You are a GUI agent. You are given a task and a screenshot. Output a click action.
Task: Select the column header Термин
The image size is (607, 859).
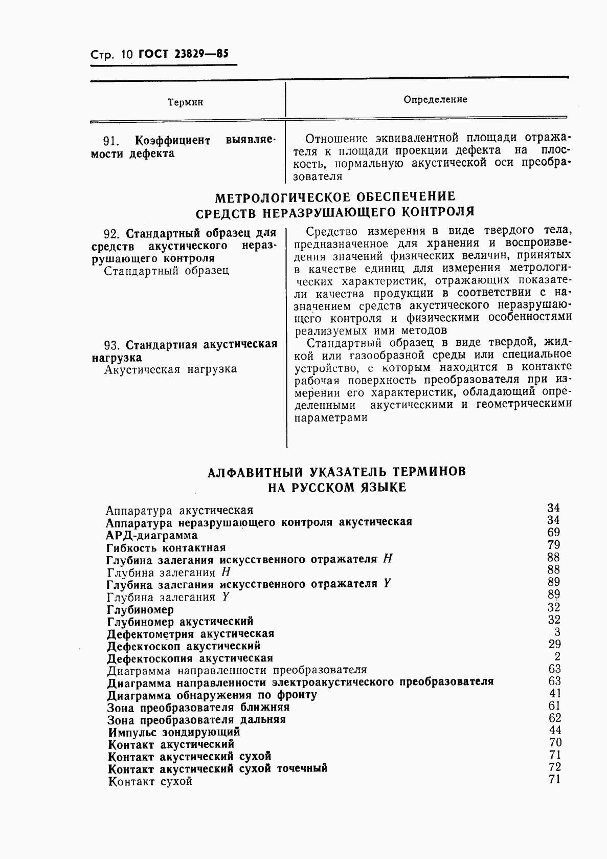[x=185, y=102]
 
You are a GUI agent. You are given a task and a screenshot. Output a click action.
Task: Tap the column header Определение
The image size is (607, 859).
[x=435, y=99]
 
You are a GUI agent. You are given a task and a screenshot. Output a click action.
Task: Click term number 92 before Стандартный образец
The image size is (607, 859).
[x=110, y=234]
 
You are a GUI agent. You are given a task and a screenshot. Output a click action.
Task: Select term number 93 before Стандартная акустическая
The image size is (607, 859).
[x=110, y=344]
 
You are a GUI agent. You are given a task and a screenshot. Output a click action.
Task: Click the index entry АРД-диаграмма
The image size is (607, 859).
[x=152, y=535]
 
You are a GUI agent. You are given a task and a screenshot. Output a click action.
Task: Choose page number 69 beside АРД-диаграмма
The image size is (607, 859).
[x=553, y=532]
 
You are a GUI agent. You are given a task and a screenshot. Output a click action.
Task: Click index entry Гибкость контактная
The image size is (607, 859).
[x=166, y=547]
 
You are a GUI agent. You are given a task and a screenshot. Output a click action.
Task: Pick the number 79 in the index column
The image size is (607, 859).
[x=553, y=544]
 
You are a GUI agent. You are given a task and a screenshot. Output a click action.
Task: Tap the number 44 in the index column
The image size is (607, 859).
[x=554, y=730]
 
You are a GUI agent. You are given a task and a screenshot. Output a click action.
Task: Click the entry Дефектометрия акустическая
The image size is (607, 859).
[x=190, y=633]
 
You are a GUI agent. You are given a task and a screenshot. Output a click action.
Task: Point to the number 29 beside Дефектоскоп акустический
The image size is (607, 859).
[x=554, y=644]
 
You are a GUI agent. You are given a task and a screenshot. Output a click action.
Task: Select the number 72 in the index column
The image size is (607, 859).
[x=554, y=767]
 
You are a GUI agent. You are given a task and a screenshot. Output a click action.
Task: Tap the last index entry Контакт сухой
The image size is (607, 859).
[x=150, y=781]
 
